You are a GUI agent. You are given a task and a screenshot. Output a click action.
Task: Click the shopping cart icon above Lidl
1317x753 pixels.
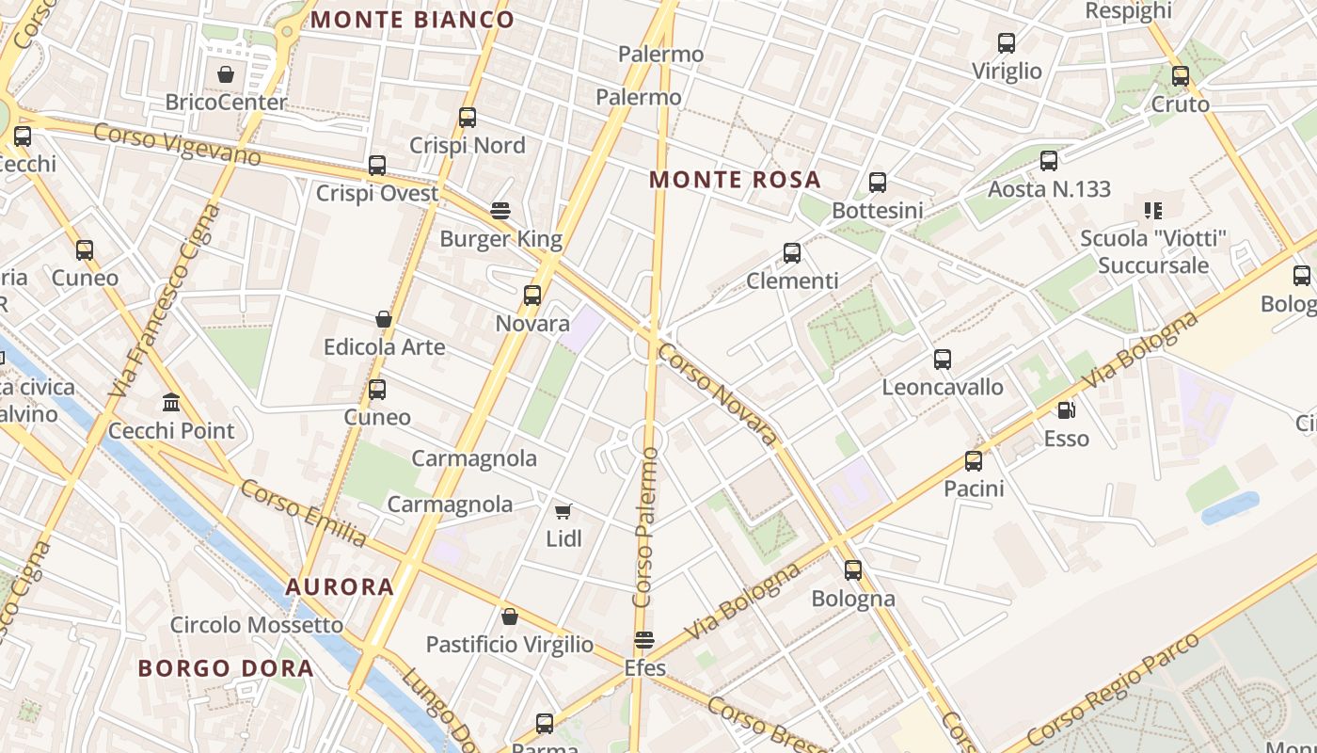pos(563,511)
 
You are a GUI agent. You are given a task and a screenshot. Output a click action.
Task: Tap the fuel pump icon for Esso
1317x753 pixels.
pos(1066,410)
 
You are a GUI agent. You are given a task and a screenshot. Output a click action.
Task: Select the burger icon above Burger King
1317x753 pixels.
pos(500,211)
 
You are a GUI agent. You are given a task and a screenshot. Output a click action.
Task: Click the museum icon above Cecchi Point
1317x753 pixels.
pos(171,403)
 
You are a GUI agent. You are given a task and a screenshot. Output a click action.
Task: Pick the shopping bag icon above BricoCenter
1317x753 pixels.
pos(226,74)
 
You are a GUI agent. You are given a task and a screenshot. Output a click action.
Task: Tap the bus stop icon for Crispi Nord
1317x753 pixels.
pos(468,118)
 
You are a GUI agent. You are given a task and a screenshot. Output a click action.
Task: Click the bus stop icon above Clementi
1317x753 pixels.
pos(792,253)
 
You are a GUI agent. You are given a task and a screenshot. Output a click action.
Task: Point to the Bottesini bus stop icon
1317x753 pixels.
pos(878,183)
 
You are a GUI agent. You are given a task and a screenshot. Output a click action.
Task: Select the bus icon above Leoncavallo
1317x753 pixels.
pos(943,360)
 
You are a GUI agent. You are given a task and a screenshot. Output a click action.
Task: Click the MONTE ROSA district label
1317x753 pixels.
pos(735,179)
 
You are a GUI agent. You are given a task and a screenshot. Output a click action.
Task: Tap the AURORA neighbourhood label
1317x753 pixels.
pos(340,586)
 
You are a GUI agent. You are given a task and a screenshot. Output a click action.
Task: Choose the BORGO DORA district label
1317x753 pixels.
pos(226,668)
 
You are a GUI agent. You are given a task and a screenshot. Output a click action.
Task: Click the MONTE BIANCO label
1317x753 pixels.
pos(412,20)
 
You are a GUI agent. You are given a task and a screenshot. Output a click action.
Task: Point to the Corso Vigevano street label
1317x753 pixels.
pos(177,144)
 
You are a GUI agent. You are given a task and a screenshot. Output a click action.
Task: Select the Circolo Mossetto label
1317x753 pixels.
pos(257,625)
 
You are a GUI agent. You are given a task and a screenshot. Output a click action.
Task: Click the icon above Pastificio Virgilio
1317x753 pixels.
pos(510,617)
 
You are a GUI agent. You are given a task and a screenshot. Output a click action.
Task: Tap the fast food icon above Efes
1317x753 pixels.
pos(644,641)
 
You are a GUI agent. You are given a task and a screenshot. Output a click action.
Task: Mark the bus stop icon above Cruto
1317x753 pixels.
pos(1181,76)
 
